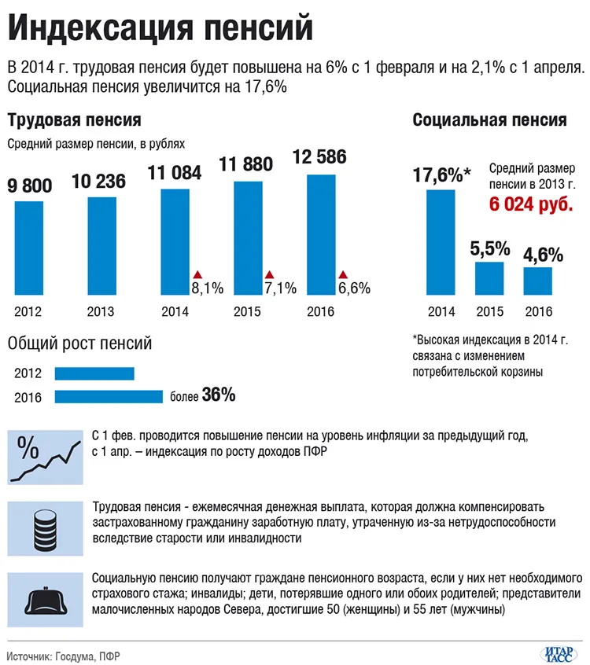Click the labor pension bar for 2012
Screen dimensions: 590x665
point(29,248)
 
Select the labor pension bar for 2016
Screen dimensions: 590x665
point(321,234)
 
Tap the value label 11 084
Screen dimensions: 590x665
point(175,173)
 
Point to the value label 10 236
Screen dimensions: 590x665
point(99,182)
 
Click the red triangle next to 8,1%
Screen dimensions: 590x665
point(197,274)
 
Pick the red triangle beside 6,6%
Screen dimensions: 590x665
point(343,274)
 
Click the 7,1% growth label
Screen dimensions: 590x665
point(281,288)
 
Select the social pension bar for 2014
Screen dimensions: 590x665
point(441,242)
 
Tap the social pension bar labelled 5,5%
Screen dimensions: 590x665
point(489,278)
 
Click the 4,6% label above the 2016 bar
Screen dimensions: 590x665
point(544,255)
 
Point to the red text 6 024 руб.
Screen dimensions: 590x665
point(531,204)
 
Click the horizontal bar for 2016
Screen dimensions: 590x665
point(109,396)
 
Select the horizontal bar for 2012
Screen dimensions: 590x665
point(94,373)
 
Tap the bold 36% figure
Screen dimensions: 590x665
point(219,395)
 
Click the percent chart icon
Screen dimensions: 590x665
point(46,457)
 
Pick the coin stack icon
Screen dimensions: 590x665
point(46,529)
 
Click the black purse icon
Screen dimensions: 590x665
point(46,601)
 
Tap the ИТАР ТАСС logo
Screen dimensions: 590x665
point(559,655)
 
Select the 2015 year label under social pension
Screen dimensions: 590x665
point(490,312)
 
